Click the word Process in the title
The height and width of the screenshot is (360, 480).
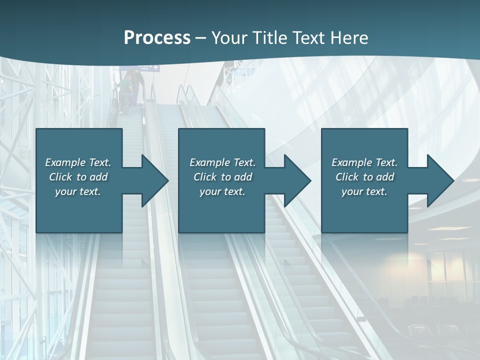click(x=157, y=38)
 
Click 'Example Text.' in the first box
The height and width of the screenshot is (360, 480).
click(x=78, y=162)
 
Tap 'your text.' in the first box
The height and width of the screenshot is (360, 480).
click(x=78, y=191)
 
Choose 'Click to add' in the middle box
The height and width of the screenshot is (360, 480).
click(x=222, y=177)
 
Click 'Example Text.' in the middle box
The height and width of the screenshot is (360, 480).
click(x=222, y=162)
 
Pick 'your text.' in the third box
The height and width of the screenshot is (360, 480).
click(x=364, y=191)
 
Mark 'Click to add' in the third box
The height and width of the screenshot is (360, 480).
click(x=364, y=177)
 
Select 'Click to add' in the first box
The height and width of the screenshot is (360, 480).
click(x=78, y=177)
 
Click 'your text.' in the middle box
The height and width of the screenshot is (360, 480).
click(x=222, y=191)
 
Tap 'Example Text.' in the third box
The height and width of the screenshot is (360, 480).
click(x=364, y=162)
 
